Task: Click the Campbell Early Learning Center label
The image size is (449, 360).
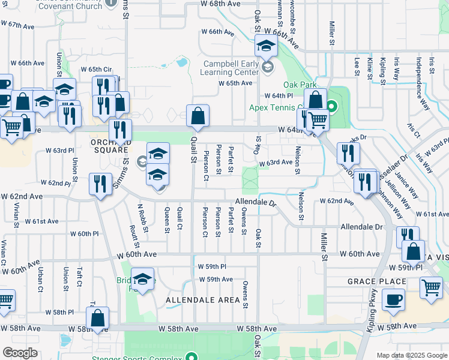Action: click(230, 68)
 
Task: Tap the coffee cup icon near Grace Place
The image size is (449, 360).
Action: click(393, 300)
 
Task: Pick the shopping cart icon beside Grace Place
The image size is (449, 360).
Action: click(431, 289)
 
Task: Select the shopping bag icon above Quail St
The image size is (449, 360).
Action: click(197, 116)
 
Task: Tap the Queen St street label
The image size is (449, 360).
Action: click(167, 220)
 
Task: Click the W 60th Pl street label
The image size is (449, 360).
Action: click(84, 234)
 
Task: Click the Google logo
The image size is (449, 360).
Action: click(20, 353)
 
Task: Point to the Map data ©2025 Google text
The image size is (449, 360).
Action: click(412, 355)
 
